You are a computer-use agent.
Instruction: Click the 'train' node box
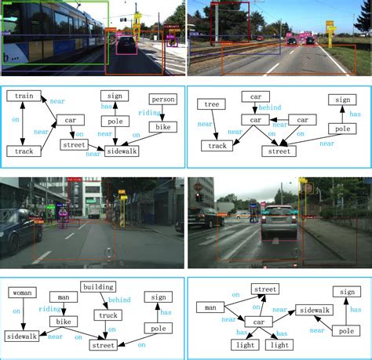24,96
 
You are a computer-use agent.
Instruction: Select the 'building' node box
98,287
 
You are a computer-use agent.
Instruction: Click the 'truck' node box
108,315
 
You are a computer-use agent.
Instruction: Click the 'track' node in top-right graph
214,146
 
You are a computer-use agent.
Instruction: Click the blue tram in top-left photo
47,35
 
